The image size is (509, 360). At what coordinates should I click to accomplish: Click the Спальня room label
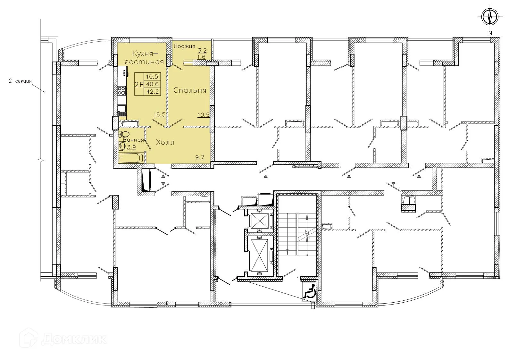coord(190,90)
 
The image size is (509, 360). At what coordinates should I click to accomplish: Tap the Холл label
coord(165,142)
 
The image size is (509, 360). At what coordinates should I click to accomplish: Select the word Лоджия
coord(184,46)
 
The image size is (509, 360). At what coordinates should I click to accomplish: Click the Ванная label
coord(133,140)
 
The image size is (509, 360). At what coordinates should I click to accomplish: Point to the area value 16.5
coord(159,114)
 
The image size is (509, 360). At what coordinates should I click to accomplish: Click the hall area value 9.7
coord(200,157)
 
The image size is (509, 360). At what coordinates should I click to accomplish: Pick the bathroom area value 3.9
coord(131,147)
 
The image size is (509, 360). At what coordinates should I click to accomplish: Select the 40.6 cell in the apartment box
coord(152,84)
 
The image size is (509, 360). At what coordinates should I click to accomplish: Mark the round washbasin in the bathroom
coord(122,146)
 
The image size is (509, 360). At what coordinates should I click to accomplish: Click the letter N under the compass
coord(490,33)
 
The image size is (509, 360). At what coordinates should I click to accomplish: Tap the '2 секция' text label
coord(20,81)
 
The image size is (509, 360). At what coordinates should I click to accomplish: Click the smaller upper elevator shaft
coord(260,221)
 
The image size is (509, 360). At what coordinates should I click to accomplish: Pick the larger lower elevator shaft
coord(260,255)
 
